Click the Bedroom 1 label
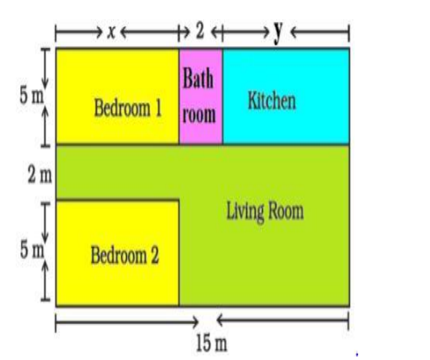(128, 108)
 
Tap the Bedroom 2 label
(124, 255)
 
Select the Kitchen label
(271, 101)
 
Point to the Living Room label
(265, 212)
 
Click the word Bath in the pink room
(198, 78)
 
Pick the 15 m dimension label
(211, 342)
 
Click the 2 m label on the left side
(39, 175)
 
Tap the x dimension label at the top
(111, 32)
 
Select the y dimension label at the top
(278, 32)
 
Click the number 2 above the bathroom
(200, 31)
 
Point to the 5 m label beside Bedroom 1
(32, 95)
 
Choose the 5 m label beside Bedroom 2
(32, 250)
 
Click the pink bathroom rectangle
(201, 96)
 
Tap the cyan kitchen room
(285, 96)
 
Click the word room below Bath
(199, 115)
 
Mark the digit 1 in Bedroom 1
(159, 108)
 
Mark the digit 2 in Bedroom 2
(155, 255)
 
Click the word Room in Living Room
(286, 211)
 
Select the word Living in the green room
(245, 212)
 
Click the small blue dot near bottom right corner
(357, 355)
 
